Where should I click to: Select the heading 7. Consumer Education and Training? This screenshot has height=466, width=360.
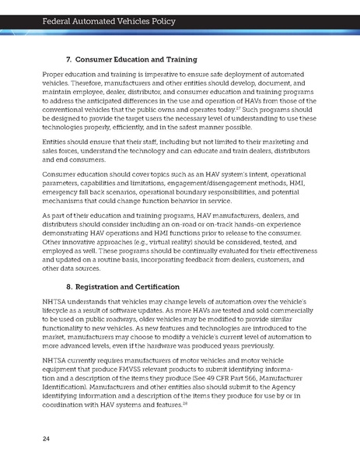coord(138,59)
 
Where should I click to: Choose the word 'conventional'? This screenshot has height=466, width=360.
coord(65,107)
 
